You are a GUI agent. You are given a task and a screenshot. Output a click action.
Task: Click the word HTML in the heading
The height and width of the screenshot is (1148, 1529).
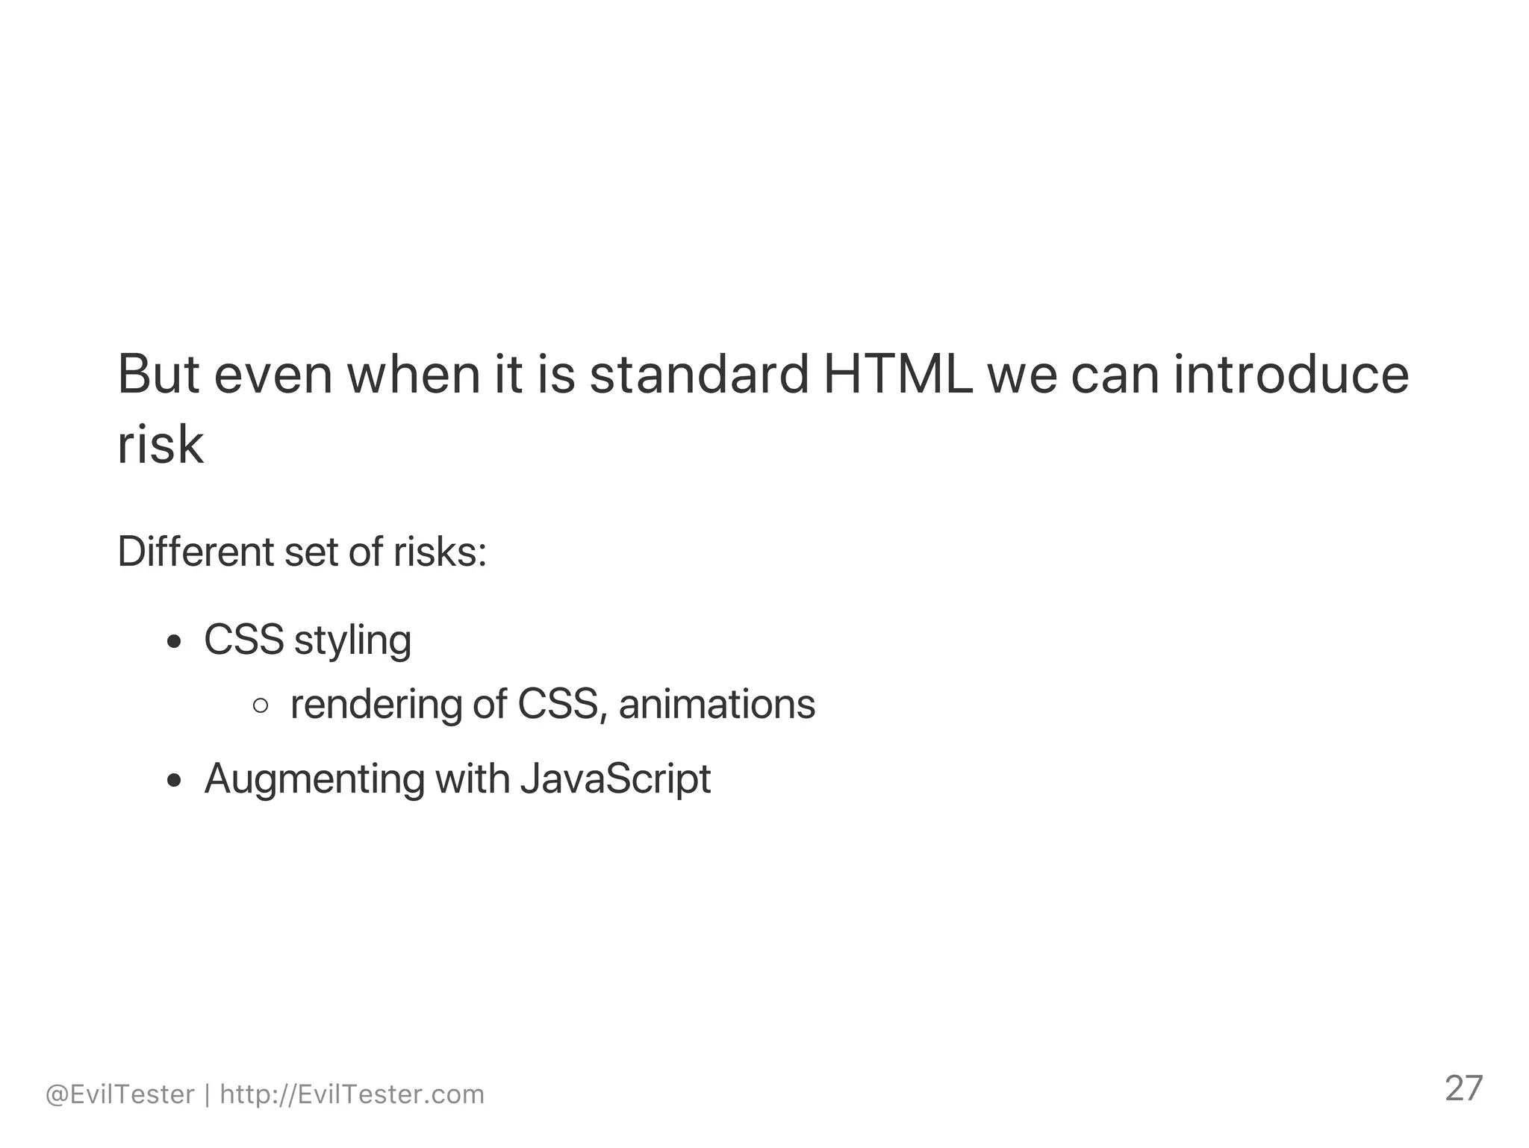click(897, 373)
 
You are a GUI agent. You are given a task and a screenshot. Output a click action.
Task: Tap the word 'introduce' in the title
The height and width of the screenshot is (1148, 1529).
click(1291, 373)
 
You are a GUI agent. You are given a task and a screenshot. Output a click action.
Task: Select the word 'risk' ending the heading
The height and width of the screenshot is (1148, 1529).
click(161, 445)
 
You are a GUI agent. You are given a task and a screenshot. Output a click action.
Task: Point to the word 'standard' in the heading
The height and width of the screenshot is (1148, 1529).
click(700, 373)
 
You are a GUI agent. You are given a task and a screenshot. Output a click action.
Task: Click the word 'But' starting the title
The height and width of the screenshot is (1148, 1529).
click(158, 373)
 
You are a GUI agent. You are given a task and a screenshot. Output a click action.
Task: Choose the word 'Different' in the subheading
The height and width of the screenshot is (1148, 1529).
click(196, 552)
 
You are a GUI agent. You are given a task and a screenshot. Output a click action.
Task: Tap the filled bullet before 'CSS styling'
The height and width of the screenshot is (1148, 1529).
click(175, 642)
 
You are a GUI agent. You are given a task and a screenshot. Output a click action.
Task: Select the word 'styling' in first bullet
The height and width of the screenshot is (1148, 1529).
click(352, 640)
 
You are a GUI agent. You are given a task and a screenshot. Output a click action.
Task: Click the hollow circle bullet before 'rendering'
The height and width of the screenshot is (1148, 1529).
click(261, 705)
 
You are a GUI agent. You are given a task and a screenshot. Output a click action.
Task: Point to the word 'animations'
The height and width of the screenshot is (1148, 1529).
click(717, 704)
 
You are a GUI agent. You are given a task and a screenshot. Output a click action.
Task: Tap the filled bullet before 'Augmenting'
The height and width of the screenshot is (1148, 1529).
click(175, 781)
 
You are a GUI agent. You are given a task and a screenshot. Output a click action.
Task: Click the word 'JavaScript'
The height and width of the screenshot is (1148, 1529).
click(615, 779)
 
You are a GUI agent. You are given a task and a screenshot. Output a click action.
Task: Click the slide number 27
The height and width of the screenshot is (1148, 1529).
click(1463, 1089)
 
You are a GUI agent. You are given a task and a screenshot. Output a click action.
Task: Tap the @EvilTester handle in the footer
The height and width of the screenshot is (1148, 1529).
click(120, 1095)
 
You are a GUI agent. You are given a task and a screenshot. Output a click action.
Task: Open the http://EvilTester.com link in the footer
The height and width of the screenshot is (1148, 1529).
click(352, 1095)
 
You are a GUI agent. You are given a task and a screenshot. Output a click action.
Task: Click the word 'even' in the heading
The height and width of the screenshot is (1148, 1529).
click(273, 373)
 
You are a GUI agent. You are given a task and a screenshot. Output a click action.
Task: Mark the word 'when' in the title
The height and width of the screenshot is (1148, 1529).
click(414, 373)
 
